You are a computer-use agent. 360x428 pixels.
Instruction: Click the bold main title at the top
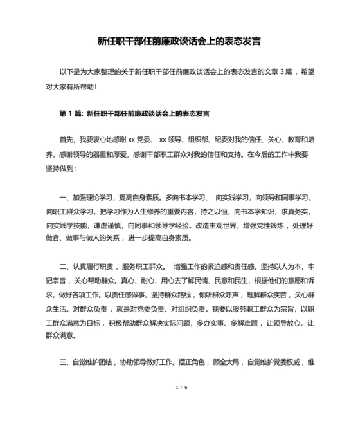coord(179,41)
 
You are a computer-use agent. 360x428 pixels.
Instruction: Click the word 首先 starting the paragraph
coord(67,139)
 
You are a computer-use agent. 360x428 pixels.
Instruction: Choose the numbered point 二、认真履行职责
coord(88,266)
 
